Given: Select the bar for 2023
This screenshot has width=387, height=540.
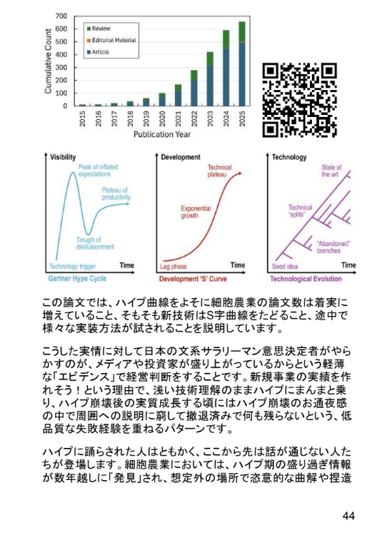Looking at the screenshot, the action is pyautogui.click(x=211, y=79).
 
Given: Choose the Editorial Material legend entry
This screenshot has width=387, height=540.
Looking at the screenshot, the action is pyautogui.click(x=114, y=41).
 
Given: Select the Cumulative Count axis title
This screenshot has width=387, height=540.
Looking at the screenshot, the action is pyautogui.click(x=49, y=61).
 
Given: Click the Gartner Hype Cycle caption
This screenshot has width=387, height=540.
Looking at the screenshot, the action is pyautogui.click(x=78, y=278).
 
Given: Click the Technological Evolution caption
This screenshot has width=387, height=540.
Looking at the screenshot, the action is pyautogui.click(x=311, y=278).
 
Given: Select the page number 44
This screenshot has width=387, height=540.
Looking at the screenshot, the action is pyautogui.click(x=349, y=515).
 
